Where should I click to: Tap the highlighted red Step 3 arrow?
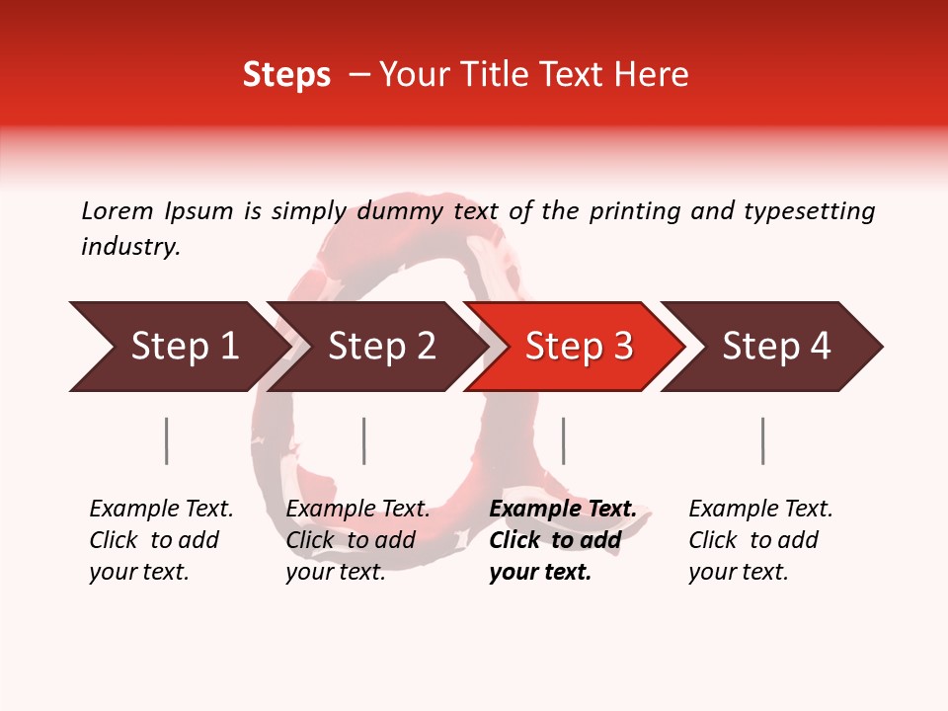coord(579,347)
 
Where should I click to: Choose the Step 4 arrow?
coord(776,347)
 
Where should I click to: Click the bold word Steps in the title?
coord(286,75)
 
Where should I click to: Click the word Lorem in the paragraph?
coord(118,211)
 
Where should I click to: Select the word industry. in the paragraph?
coord(130,247)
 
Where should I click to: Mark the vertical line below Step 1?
coord(167,440)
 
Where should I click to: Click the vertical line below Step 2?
coord(364,440)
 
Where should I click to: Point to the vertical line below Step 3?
coord(564,440)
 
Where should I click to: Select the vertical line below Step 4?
coord(763,440)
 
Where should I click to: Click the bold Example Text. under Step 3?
coord(563,509)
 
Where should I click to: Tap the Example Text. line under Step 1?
coord(161,509)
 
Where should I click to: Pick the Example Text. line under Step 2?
coord(357,509)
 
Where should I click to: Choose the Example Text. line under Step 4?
coord(760,509)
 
